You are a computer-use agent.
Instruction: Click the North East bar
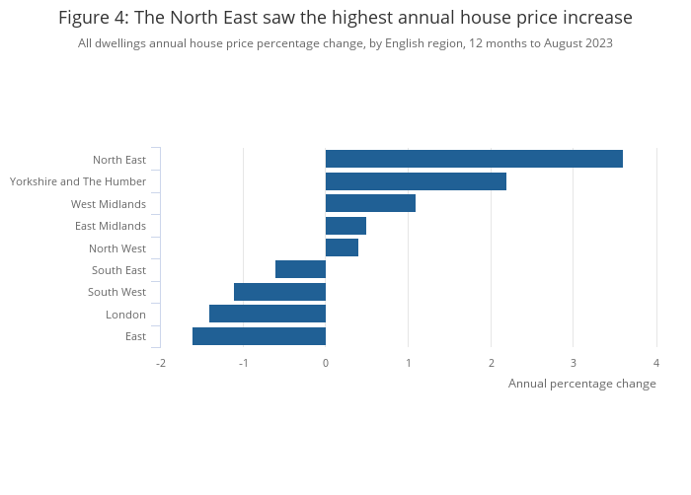tap(474, 159)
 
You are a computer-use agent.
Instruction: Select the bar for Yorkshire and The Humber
tap(416, 181)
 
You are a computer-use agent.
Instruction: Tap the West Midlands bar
tap(370, 203)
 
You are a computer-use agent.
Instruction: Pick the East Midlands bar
tap(345, 226)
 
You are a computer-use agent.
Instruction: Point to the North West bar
tap(342, 247)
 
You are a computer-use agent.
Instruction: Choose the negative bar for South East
tap(300, 269)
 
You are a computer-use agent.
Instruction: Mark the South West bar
tap(279, 292)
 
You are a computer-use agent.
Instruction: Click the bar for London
tap(268, 314)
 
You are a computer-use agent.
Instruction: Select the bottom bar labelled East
tap(259, 336)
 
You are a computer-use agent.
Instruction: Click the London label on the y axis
tap(125, 315)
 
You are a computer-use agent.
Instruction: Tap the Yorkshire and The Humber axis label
tap(78, 181)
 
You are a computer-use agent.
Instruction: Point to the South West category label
tap(116, 292)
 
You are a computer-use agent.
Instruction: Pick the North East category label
tap(119, 160)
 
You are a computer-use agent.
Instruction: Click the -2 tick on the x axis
tap(160, 363)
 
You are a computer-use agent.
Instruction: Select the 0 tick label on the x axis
tap(326, 363)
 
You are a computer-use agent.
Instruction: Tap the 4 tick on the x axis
tap(655, 363)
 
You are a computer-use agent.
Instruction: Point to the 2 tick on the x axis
tap(491, 363)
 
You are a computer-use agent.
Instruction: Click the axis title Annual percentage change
tap(581, 384)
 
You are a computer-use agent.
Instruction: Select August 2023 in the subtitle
tap(579, 43)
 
